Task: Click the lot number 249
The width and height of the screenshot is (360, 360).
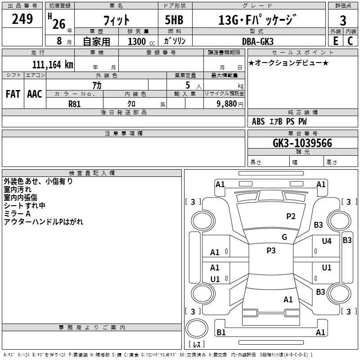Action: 22,19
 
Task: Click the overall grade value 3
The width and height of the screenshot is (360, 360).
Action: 343,20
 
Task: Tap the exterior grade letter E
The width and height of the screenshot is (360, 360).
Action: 336,41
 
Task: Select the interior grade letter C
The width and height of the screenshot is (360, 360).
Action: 350,41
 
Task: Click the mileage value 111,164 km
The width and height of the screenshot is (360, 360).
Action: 53,65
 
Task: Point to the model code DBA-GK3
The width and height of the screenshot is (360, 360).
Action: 258,41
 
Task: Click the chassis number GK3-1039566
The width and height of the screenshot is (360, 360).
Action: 302,143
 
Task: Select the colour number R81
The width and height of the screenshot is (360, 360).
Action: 74,104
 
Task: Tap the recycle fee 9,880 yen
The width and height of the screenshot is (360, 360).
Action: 230,104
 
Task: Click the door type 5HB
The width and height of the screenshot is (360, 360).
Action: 174,20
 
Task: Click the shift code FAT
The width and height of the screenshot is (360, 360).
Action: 13,94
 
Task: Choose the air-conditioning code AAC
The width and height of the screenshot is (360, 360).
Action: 35,94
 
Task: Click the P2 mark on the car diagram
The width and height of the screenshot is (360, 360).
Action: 291,216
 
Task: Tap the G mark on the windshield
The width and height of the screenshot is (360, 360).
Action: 284,237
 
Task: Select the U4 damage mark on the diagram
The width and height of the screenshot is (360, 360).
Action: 327,241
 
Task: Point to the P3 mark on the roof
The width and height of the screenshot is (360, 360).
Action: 271,251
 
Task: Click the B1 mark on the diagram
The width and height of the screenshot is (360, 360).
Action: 221,333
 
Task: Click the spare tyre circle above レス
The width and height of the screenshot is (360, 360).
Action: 197,328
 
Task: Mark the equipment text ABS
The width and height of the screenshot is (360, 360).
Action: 258,121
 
